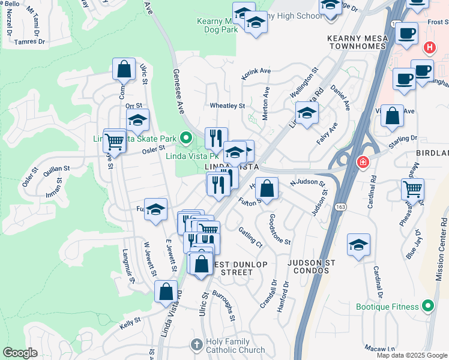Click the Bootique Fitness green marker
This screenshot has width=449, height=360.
coord(427,307)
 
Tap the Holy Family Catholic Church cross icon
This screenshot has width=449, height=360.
coord(196,344)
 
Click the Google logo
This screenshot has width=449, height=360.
coord(20,353)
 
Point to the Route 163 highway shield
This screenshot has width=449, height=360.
coord(340,206)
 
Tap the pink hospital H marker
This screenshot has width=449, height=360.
coord(430,47)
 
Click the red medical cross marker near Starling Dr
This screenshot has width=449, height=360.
coord(363,162)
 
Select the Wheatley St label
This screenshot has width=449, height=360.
coord(228,106)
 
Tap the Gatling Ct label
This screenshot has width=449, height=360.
coord(250,237)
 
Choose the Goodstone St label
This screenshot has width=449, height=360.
coord(280,229)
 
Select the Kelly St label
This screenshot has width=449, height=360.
coord(130,322)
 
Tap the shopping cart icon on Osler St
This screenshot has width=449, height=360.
coord(113,142)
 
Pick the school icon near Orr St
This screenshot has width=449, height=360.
coord(137,120)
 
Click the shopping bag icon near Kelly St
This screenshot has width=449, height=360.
coord(166,292)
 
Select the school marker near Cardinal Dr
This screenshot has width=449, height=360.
coord(358,245)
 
